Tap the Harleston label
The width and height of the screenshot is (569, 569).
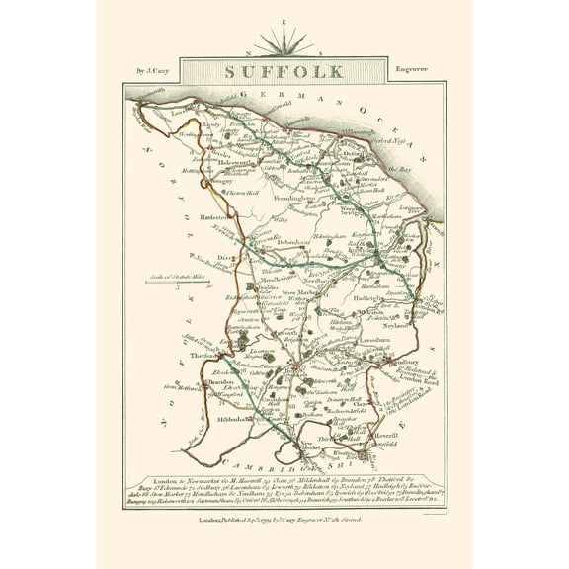tap(218, 214)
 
